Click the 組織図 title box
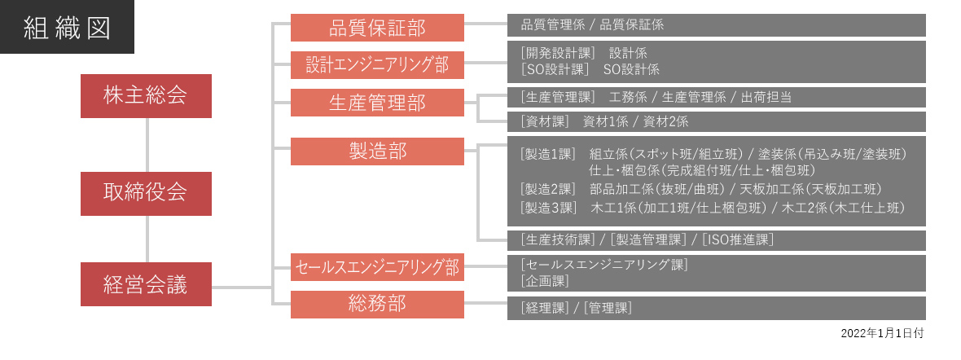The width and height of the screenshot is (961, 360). coord(67,27)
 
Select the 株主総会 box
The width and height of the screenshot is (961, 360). coord(146,96)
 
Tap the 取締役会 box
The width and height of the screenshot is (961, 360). coord(146,193)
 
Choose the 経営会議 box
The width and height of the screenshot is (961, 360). coord(146,284)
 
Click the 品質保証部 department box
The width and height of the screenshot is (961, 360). coord(378,28)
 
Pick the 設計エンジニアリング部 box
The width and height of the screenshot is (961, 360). coord(378,65)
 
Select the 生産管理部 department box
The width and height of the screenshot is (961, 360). coord(378,103)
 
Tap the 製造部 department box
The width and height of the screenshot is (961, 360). coord(378,151)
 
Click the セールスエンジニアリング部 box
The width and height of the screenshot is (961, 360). coord(378,267)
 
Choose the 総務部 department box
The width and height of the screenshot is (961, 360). coord(378,304)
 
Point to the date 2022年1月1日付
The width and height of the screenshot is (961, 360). coord(882,333)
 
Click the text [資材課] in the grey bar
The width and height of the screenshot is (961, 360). coord(545,121)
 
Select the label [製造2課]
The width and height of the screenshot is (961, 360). coord(548,190)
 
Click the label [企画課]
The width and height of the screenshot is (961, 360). coord(545,281)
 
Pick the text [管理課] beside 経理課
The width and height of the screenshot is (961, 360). coord(608,308)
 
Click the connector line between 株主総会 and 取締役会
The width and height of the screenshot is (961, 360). coord(147,145)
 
